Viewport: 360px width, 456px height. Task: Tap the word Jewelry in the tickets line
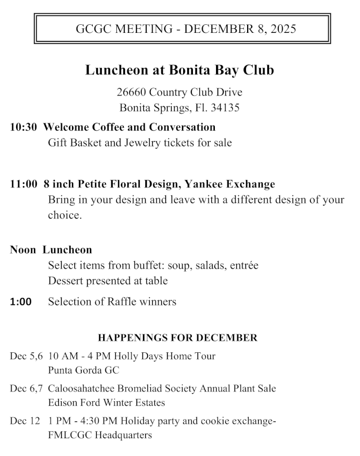tap(141, 142)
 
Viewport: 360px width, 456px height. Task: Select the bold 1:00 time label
tap(21, 302)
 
